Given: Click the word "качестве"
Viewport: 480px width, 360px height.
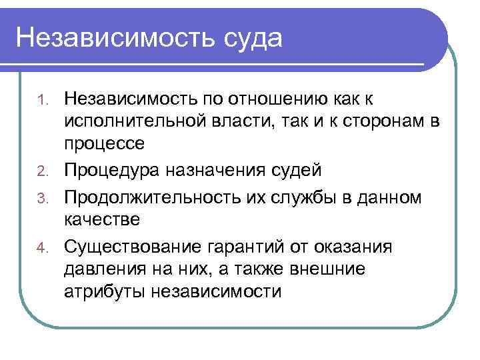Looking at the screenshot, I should point(102,219).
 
